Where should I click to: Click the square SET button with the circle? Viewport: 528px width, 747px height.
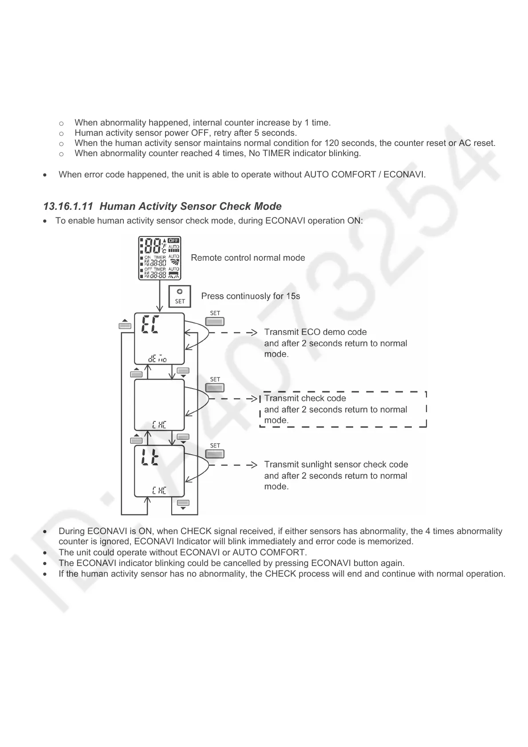coord(180,296)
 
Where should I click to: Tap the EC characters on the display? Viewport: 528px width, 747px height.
coord(151,325)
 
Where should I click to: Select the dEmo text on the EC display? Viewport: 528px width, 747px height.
coord(158,359)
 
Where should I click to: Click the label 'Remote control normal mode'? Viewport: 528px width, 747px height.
coord(248,258)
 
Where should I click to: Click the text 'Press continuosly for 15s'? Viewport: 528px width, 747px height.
coord(250,296)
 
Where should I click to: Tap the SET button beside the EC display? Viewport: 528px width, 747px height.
coord(215,322)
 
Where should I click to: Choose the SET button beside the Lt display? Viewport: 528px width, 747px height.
coord(215,454)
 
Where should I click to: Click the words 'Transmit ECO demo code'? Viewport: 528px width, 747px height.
coord(315,332)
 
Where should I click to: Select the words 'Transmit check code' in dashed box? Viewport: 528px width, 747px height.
coord(305,398)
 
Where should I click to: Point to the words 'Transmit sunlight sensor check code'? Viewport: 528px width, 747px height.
coord(336,464)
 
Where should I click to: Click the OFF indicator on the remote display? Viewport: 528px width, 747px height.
coord(173,240)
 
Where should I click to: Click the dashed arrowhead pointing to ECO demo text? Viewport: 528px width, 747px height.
coord(253,332)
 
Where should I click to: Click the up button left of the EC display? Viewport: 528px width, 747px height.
coord(125,325)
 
